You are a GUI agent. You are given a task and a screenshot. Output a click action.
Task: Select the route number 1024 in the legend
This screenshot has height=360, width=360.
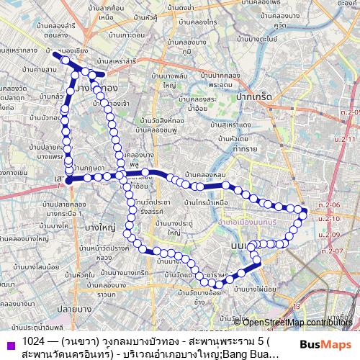[x=35, y=341]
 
